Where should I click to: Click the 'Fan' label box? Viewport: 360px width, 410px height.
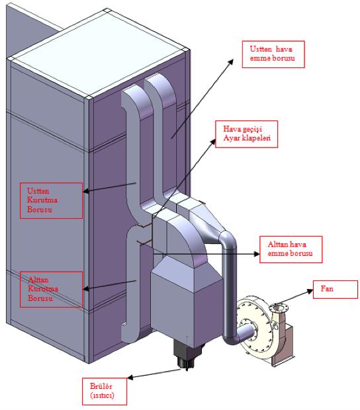pyautogui.click(x=336, y=290)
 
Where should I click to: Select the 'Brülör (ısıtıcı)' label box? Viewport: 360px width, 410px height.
pyautogui.click(x=105, y=391)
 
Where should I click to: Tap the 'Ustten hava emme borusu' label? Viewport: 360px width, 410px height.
pyautogui.click(x=273, y=54)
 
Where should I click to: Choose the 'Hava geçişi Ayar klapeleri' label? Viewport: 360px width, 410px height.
pyautogui.click(x=246, y=134)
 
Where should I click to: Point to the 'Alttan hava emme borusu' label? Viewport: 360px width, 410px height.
pyautogui.click(x=291, y=249)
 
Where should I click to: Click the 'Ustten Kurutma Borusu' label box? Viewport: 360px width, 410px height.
pyautogui.click(x=51, y=200)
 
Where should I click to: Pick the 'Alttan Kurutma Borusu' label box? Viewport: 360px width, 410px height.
pyautogui.click(x=51, y=289)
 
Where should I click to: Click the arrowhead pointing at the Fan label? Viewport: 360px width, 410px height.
pyautogui.click(x=310, y=290)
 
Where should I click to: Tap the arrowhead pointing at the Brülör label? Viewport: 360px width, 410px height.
pyautogui.click(x=130, y=378)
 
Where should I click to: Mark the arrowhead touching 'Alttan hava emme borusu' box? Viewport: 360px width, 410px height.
pyautogui.click(x=256, y=254)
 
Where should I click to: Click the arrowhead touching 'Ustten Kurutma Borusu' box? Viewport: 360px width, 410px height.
pyautogui.click(x=86, y=191)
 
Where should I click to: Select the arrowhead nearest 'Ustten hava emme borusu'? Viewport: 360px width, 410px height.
pyautogui.click(x=230, y=61)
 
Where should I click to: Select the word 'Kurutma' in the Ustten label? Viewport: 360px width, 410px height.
pyautogui.click(x=42, y=200)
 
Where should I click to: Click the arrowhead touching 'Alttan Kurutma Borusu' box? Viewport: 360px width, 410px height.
pyautogui.click(x=86, y=289)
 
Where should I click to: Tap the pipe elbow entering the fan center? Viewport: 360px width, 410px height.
pyautogui.click(x=241, y=335)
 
